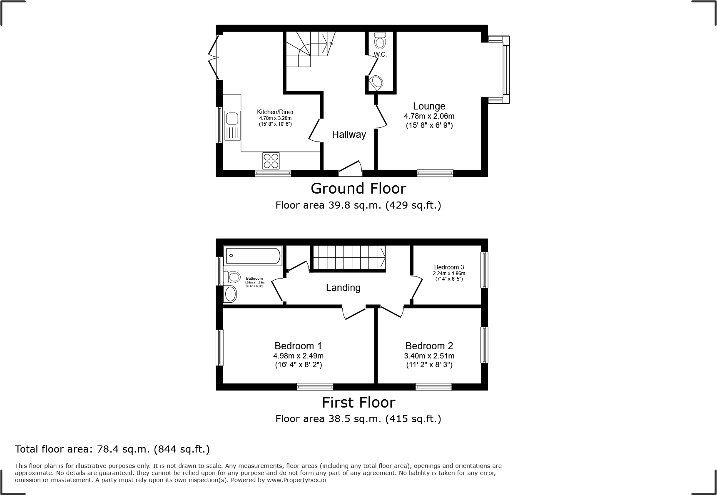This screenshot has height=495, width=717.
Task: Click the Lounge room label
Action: (429, 106)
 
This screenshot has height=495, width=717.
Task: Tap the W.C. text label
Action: (380, 55)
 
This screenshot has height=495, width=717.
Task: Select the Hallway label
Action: (349, 134)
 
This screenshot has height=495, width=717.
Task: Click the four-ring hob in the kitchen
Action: (271, 161)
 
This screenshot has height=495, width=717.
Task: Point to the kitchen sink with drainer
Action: (232, 125)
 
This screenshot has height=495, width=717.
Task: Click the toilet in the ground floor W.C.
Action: (380, 41)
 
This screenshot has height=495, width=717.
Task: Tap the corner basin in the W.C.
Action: (376, 82)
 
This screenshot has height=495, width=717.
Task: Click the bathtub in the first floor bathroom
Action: (253, 256)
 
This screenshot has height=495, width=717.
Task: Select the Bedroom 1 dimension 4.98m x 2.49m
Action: (298, 356)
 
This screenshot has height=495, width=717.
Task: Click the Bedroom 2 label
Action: (429, 346)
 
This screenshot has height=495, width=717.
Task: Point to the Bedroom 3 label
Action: (448, 267)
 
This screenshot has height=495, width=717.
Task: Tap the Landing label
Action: (343, 288)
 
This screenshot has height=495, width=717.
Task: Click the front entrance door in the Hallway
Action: (350, 167)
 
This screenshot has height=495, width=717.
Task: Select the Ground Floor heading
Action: (358, 189)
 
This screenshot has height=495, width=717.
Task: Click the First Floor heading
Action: (358, 403)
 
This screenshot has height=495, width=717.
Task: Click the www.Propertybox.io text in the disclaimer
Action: (296, 480)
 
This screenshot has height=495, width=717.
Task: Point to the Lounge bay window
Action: (505, 70)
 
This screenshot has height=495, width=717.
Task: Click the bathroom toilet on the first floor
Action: (232, 277)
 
